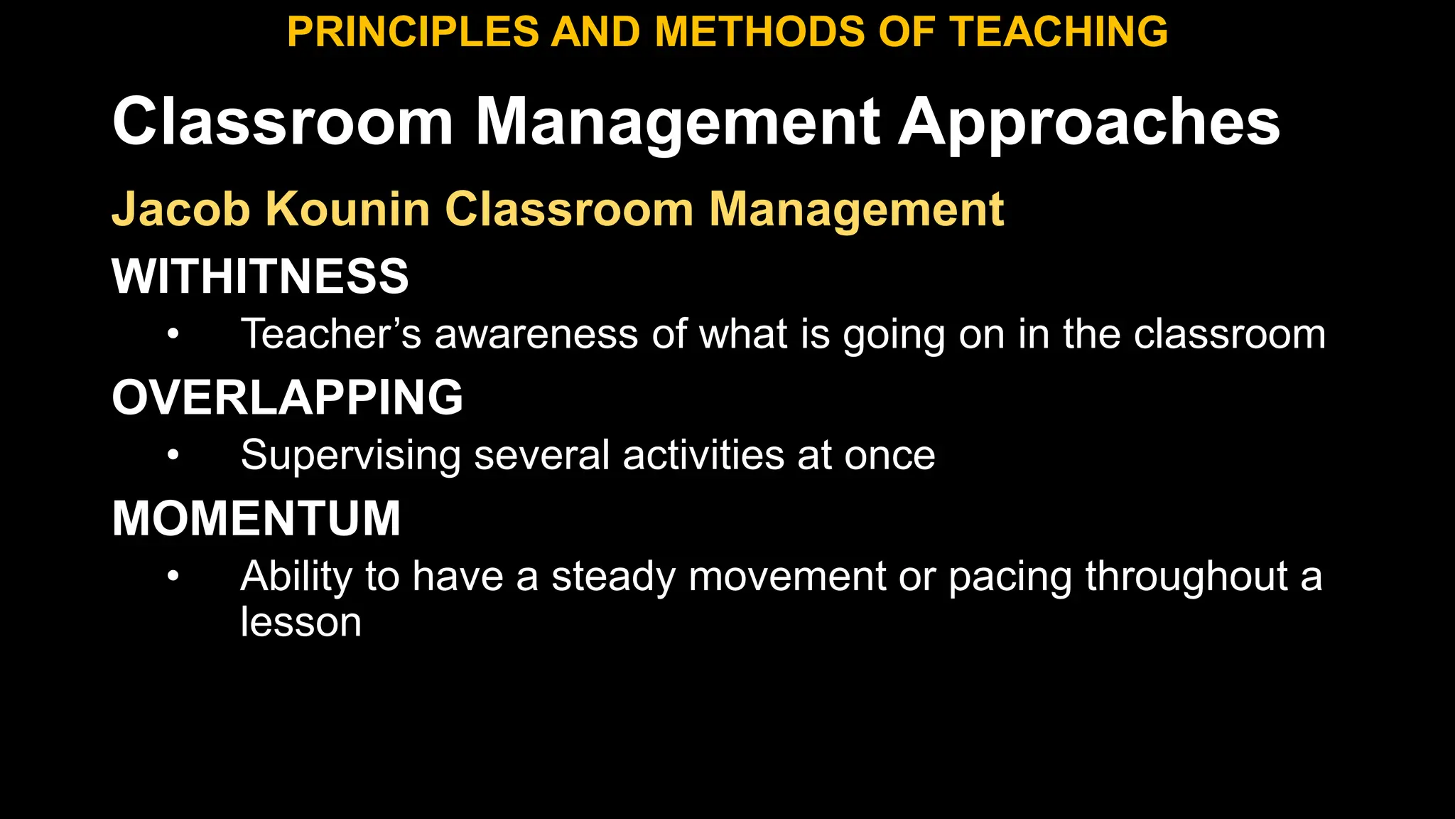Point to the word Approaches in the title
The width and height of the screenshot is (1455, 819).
click(x=1089, y=123)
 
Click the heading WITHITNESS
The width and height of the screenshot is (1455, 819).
click(x=260, y=276)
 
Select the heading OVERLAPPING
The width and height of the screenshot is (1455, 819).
click(x=287, y=397)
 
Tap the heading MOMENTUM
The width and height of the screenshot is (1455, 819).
click(x=256, y=518)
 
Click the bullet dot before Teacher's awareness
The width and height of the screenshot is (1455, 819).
click(x=173, y=334)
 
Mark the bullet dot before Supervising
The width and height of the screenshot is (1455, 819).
click(x=173, y=455)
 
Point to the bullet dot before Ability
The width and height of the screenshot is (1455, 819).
click(x=173, y=576)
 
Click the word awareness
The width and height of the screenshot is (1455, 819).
click(x=536, y=334)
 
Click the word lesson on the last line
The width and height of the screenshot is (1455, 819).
click(x=301, y=623)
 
